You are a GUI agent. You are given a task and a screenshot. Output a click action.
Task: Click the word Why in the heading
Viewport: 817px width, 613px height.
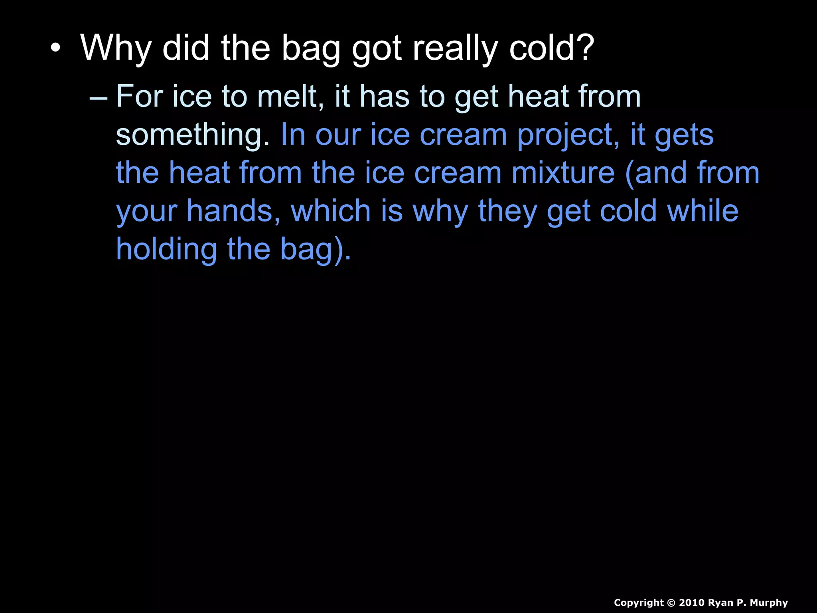point(116,48)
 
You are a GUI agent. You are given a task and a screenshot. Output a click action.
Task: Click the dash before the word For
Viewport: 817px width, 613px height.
point(99,97)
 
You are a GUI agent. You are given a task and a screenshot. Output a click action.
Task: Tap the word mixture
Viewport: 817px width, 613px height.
point(563,173)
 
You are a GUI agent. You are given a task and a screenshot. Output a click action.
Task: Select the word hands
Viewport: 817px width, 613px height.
point(234,211)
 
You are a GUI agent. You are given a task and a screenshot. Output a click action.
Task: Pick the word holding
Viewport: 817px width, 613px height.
point(166,249)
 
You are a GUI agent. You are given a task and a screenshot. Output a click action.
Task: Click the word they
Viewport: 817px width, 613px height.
point(508,211)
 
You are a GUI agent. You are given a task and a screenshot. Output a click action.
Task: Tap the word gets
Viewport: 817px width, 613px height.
point(684,135)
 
